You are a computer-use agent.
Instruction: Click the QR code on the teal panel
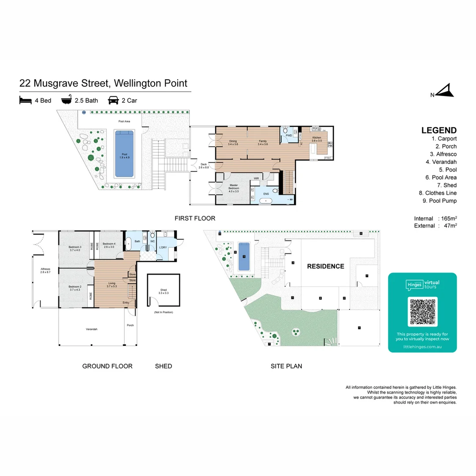click(x=422, y=311)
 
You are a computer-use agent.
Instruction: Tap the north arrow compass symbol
click(x=446, y=91)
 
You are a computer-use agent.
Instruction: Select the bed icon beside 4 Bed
click(x=26, y=100)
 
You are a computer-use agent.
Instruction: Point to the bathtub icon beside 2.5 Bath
click(x=66, y=100)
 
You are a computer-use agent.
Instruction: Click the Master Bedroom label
click(x=234, y=188)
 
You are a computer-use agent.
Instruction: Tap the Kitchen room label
click(x=317, y=139)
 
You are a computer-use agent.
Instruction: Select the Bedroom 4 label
click(x=109, y=245)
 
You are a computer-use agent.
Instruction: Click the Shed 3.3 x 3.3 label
click(x=164, y=291)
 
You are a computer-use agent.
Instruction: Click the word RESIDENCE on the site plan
click(x=325, y=266)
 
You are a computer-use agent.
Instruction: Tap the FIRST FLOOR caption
click(x=195, y=218)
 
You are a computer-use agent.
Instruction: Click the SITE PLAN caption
click(x=286, y=366)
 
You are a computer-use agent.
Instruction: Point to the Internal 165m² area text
click(x=435, y=219)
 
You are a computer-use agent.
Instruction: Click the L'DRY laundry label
click(x=163, y=248)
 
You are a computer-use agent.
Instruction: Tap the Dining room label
click(x=233, y=142)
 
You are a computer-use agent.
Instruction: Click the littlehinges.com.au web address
click(x=422, y=347)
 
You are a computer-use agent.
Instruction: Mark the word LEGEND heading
click(x=439, y=130)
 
